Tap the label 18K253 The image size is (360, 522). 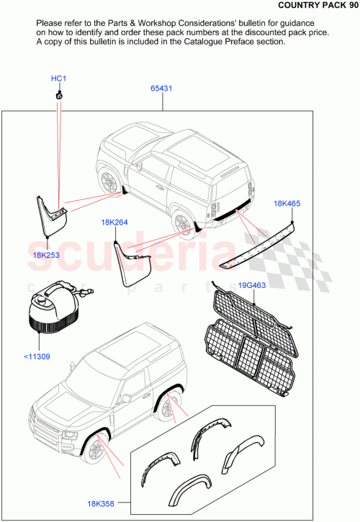pyautogui.click(x=45, y=255)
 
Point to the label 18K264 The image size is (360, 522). pyautogui.click(x=114, y=222)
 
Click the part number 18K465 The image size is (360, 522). pyautogui.click(x=287, y=204)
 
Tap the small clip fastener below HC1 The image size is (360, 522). pyautogui.click(x=58, y=95)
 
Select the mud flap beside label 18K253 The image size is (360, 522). pyautogui.click(x=52, y=212)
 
